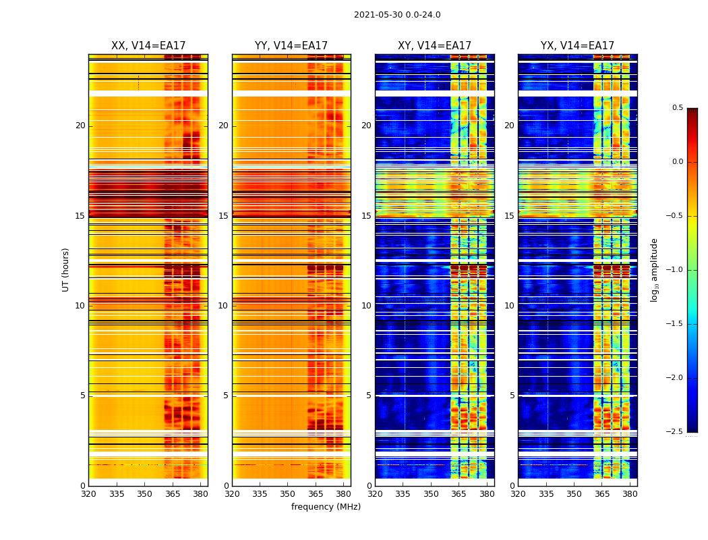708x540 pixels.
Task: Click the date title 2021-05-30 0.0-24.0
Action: coord(397,15)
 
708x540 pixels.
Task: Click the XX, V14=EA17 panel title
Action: coord(148,46)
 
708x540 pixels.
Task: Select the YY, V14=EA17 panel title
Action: coord(291,46)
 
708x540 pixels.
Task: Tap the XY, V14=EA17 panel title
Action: coord(434,46)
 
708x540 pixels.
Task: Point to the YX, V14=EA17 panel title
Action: coord(577,46)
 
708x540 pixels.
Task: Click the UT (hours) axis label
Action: coord(65,269)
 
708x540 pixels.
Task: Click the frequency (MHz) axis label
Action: coord(326,507)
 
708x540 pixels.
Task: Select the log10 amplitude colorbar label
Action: coord(653,269)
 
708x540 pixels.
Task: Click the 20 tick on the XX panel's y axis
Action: coord(80,126)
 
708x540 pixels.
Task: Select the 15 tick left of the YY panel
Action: coord(224,216)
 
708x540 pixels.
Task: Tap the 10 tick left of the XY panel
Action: coord(367,306)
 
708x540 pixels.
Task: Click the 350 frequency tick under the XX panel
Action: coord(144,493)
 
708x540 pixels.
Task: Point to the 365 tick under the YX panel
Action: coord(602,493)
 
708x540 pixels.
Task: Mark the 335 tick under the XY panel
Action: coord(403,493)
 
